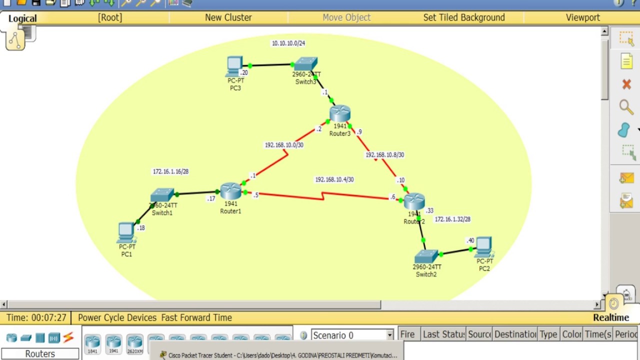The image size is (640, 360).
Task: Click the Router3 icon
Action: (x=340, y=114)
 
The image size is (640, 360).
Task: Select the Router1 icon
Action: (x=230, y=191)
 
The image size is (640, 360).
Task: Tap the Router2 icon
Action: (x=414, y=201)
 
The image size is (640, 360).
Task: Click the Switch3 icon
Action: (x=305, y=64)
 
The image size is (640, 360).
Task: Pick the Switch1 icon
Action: (x=162, y=195)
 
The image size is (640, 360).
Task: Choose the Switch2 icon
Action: (x=426, y=256)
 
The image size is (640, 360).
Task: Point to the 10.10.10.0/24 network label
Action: (x=288, y=43)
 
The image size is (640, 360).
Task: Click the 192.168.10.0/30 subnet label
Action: (x=284, y=145)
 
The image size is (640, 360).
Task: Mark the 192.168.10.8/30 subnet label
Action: (x=384, y=155)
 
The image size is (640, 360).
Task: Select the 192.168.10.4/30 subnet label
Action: (x=334, y=179)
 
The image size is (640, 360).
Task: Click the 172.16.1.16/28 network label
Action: (x=170, y=171)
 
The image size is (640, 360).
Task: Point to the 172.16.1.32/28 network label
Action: (x=452, y=219)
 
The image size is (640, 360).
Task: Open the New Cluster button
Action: (x=228, y=17)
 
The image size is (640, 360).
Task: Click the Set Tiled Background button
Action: (x=464, y=17)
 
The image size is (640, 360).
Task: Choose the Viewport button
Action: (x=582, y=17)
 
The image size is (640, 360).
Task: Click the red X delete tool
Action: (x=626, y=84)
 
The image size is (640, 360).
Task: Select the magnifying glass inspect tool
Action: (x=626, y=106)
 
